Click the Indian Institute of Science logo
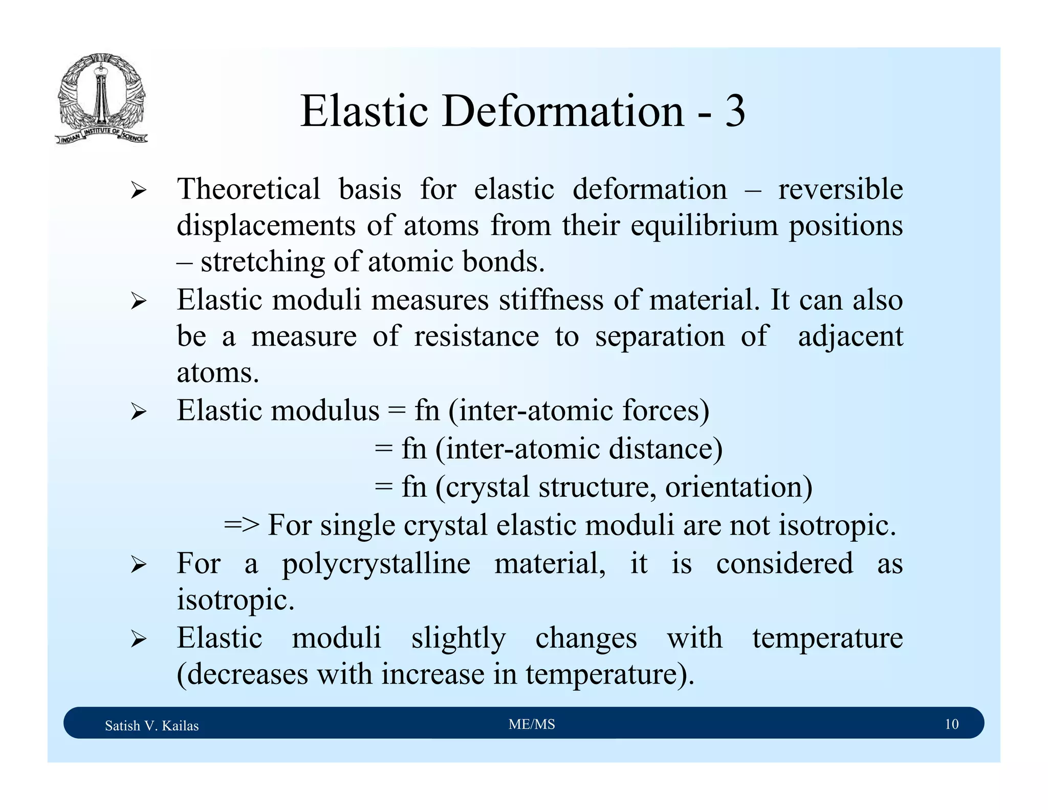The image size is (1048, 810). (101, 98)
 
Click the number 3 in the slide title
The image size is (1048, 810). (734, 111)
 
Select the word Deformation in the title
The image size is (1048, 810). (563, 111)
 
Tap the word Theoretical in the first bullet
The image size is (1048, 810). (248, 189)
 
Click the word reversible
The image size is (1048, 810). (840, 189)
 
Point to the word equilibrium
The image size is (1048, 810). (704, 225)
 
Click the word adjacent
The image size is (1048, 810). (850, 337)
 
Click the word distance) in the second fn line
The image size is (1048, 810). (665, 449)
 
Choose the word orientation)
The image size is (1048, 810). (738, 486)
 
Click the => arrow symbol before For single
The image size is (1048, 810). (242, 525)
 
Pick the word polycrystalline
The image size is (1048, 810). (376, 563)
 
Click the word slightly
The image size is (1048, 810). (458, 638)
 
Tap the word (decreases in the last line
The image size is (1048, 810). (242, 674)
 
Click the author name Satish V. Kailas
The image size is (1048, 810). (151, 726)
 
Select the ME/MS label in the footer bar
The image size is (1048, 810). (532, 724)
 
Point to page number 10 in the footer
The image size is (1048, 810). (951, 724)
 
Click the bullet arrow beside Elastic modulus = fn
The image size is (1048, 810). (138, 412)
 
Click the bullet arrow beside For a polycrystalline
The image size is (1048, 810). (138, 565)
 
